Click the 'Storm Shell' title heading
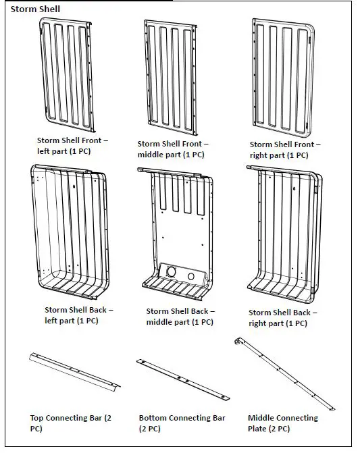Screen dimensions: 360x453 tap(35, 9)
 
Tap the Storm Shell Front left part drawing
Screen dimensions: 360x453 tap(67, 74)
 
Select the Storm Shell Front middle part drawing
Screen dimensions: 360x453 tap(171, 78)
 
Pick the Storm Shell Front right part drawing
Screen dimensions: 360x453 tap(283, 78)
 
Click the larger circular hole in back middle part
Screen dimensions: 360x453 tap(172, 272)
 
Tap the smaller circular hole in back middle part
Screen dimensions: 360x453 tap(191, 277)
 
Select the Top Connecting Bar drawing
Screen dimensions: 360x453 tap(74, 372)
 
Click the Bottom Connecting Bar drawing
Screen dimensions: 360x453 tap(183, 379)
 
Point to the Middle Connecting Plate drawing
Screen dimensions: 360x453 tap(284, 373)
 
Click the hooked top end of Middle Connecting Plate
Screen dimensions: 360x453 tap(238, 340)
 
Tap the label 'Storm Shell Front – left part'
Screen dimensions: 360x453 tap(72, 146)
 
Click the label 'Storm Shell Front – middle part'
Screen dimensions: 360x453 tap(173, 149)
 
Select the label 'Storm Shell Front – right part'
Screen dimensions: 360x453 tap(285, 150)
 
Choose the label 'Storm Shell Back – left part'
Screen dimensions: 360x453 tap(78, 315)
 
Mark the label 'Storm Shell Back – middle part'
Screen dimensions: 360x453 tap(180, 317)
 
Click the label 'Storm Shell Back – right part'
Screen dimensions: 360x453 tap(282, 318)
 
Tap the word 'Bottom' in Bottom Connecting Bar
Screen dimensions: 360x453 tap(153, 418)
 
